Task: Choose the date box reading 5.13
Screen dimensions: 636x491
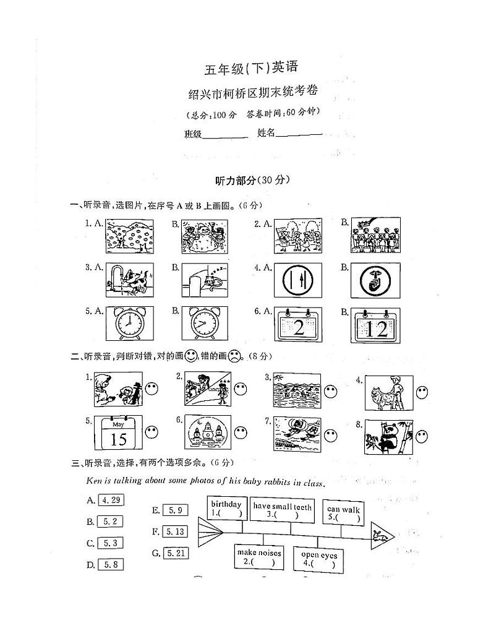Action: [176, 531]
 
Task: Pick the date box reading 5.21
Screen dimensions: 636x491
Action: [176, 553]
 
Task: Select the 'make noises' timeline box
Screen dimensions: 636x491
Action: [259, 557]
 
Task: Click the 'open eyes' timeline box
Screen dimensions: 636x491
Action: [318, 559]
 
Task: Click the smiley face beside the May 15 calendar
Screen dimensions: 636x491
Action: [152, 433]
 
